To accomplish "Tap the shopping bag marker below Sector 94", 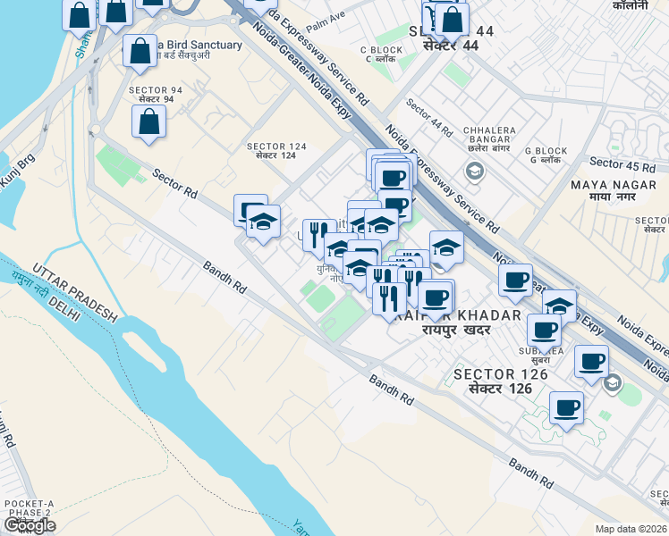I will point(148,122).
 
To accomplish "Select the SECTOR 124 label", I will point(276,150).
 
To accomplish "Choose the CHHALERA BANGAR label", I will point(490,137).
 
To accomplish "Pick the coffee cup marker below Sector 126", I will point(566,408).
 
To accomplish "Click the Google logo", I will point(30,525).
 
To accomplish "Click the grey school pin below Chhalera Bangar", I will point(475,172).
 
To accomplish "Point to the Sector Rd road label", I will point(174,183).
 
